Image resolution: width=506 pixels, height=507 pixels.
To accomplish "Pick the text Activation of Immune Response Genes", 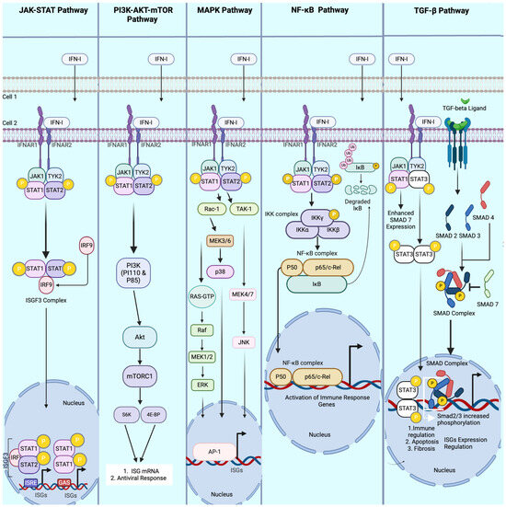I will pos(342,408).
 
